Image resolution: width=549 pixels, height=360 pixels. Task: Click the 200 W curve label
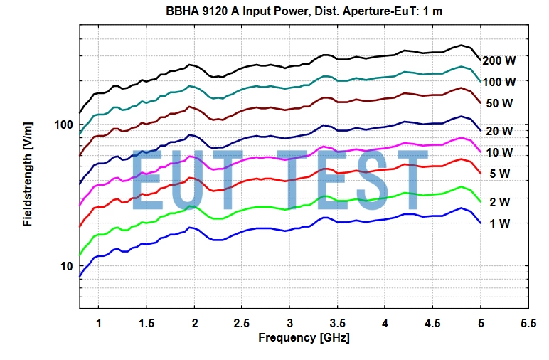[499, 61]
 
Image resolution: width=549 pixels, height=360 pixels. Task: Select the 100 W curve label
[499, 82]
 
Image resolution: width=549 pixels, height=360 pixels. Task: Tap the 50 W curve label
[499, 103]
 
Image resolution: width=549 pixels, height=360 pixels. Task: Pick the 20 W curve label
[499, 131]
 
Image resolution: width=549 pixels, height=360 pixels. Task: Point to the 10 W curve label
[499, 152]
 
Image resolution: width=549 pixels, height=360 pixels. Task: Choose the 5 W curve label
[499, 174]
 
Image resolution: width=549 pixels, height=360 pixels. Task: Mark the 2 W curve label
[499, 202]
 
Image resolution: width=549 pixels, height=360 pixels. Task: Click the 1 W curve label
[499, 223]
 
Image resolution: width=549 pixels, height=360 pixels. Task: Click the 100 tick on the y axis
[64, 125]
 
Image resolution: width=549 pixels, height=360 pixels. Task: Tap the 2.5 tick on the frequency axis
[242, 322]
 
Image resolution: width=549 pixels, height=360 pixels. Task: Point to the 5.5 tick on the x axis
[528, 322]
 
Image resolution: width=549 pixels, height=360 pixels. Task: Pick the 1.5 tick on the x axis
[146, 322]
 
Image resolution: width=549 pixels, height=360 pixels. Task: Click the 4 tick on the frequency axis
[385, 322]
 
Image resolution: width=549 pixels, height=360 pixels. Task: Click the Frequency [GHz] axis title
[304, 337]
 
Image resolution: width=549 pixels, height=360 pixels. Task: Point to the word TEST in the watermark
[353, 181]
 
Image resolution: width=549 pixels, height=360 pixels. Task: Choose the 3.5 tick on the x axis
[338, 322]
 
